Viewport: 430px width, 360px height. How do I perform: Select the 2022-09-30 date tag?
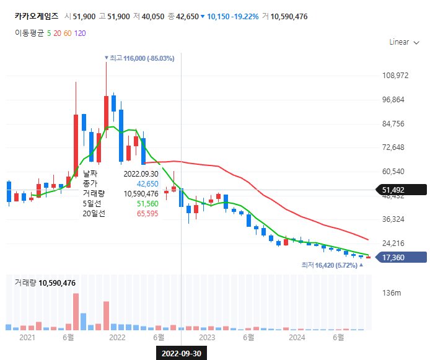(x=181, y=353)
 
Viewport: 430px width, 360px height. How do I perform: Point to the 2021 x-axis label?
(x=27, y=337)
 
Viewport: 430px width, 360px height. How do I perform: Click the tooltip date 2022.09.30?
(x=141, y=174)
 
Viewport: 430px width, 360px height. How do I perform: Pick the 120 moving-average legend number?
(x=80, y=33)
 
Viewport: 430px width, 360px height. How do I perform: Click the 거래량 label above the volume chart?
(x=26, y=283)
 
